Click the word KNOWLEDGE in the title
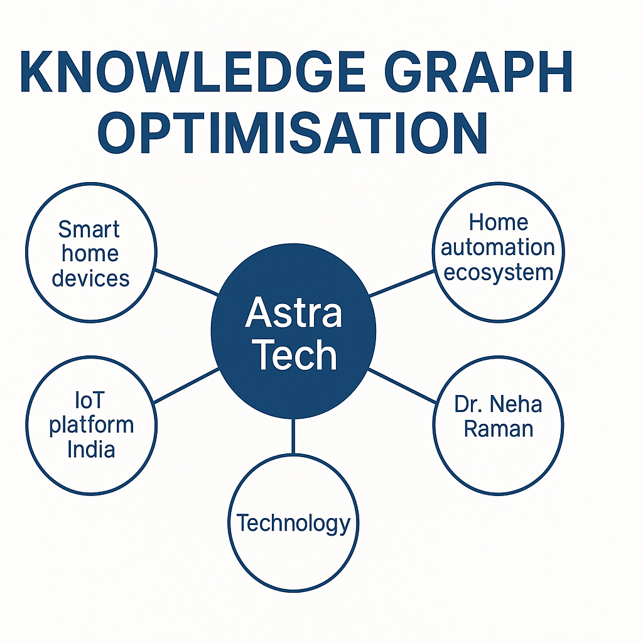pyautogui.click(x=192, y=72)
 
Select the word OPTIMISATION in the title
pyautogui.click(x=293, y=133)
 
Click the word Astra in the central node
pyautogui.click(x=294, y=312)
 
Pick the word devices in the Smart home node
pyautogui.click(x=90, y=278)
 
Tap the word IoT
pyautogui.click(x=90, y=400)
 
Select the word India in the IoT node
pyautogui.click(x=91, y=449)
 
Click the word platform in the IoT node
pyautogui.click(x=92, y=425)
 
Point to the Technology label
pyautogui.click(x=294, y=523)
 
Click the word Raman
pyautogui.click(x=499, y=429)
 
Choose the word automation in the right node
pyautogui.click(x=498, y=247)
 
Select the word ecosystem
pyautogui.click(x=499, y=273)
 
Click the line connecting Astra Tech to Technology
pyautogui.click(x=293, y=436)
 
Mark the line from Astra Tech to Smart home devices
pyautogui.click(x=186, y=282)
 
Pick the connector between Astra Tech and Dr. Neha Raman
pyautogui.click(x=403, y=386)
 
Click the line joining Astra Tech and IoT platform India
pyautogui.click(x=186, y=386)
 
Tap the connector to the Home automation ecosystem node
pyautogui.click(x=401, y=283)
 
